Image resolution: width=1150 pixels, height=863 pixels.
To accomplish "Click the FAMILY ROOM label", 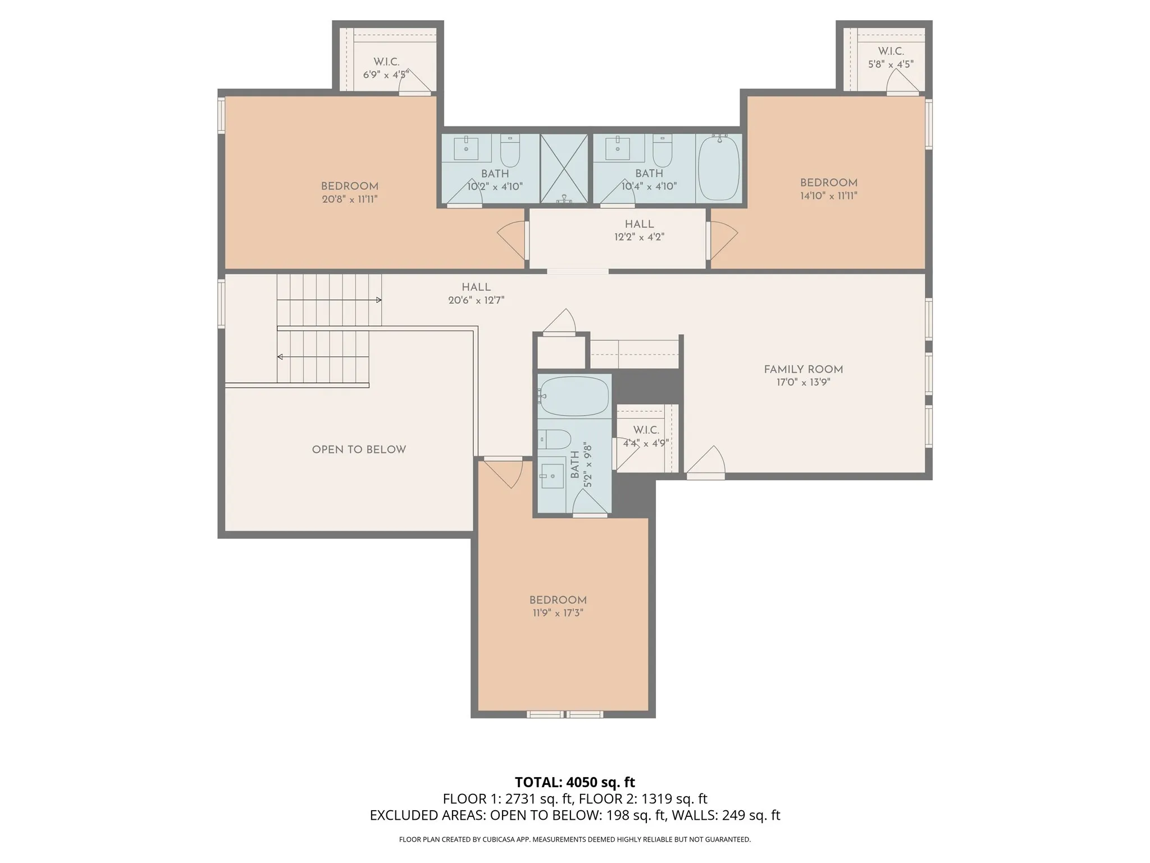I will [803, 369].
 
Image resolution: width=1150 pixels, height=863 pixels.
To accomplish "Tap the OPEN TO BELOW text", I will [359, 449].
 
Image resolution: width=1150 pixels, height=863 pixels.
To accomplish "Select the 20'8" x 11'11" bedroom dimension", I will [350, 199].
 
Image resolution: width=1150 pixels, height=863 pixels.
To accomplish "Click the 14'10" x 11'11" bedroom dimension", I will [829, 196].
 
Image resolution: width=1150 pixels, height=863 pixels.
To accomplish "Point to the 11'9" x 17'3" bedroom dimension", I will [558, 613].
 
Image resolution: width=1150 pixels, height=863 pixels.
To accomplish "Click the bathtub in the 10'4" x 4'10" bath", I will [719, 167].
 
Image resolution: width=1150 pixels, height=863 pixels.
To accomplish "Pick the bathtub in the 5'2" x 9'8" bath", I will [574, 396].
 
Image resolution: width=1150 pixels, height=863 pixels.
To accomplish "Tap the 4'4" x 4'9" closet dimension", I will [646, 443].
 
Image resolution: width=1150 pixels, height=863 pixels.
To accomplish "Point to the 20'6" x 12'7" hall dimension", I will [476, 301].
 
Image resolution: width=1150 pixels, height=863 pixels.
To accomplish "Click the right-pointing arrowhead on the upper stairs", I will [379, 300].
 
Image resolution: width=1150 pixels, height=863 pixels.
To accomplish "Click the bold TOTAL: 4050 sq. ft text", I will [574, 782].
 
